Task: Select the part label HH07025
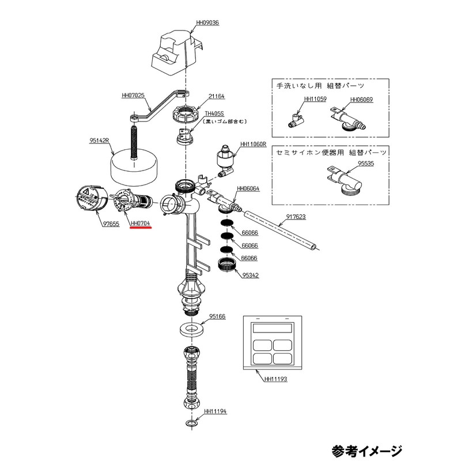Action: tap(133, 95)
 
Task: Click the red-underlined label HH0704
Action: tap(141, 222)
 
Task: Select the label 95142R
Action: tap(100, 140)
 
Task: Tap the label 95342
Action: tap(250, 275)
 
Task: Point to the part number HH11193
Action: tap(275, 379)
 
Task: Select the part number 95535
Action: tap(365, 164)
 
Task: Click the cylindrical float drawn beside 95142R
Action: tap(134, 165)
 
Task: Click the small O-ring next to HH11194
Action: tap(192, 424)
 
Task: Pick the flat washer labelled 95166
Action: tap(191, 330)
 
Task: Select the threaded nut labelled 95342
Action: tap(228, 267)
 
